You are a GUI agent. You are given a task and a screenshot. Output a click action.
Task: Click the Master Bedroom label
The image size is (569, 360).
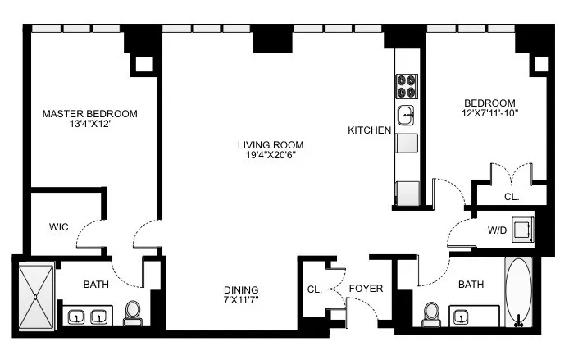(89, 113)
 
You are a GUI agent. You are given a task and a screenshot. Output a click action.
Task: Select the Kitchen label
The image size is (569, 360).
(369, 130)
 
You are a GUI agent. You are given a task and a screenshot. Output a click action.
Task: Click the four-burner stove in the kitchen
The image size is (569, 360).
(407, 86)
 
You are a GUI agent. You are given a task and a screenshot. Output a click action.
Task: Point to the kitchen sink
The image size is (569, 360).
(407, 116)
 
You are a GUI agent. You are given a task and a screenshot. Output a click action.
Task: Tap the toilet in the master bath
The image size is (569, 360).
(134, 312)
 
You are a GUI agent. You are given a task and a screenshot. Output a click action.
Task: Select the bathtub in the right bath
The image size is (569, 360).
(518, 293)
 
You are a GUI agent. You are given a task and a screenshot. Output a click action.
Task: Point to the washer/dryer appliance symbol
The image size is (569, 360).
(521, 230)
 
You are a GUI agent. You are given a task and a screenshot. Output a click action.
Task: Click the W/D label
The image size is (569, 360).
(497, 230)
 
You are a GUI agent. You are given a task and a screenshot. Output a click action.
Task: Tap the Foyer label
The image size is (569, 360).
(365, 289)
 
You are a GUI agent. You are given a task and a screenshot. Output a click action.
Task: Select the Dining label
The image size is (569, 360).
(241, 289)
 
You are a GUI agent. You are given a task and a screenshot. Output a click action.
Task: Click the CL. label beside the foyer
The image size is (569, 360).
(314, 289)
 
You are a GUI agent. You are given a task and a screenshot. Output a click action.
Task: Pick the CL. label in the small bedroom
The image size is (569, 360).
(511, 197)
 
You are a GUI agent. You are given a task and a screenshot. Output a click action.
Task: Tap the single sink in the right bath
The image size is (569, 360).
(460, 315)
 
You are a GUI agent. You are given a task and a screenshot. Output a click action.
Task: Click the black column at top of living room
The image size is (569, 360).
(268, 39)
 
